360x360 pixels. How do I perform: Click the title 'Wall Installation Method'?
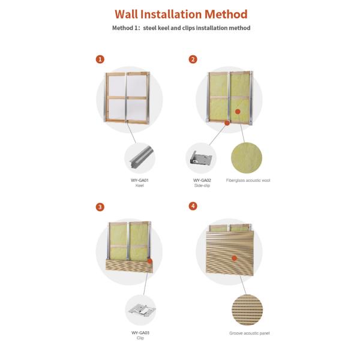coord(181,14)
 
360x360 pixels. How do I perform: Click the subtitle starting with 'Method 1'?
coord(181,28)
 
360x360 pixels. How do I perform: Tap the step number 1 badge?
coord(100,59)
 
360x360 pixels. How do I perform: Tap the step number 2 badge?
coord(193,59)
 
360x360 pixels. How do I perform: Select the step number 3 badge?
coord(100,207)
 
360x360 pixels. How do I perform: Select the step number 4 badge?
coord(193,206)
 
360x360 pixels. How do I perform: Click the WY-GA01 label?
coord(140,180)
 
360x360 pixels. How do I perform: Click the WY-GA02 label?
coord(202,180)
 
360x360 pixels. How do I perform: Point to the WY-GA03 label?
coord(140,332)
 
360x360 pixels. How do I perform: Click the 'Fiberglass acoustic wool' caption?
coord(248,180)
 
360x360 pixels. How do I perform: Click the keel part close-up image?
coord(140,158)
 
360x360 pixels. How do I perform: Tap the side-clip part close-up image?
coord(201,158)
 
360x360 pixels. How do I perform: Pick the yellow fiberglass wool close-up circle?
coord(247,158)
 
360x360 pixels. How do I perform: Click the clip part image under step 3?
coord(140,311)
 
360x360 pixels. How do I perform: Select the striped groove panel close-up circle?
coord(247,310)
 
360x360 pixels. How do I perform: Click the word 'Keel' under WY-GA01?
coord(140,185)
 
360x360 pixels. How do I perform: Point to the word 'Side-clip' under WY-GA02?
coord(202,185)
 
